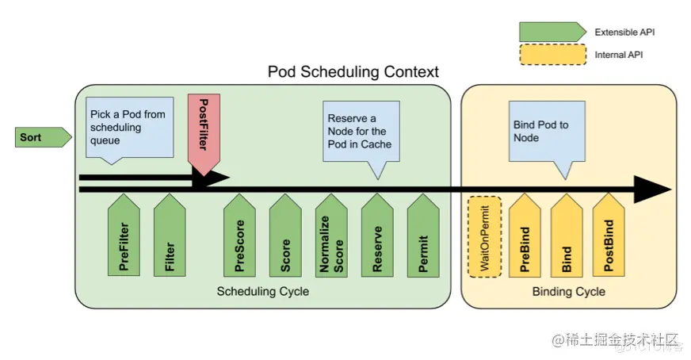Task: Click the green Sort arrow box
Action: [x=43, y=137]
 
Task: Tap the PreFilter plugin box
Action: [x=124, y=236]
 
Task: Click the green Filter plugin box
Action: [x=170, y=236]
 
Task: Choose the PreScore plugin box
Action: [x=239, y=236]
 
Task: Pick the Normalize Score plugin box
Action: [x=331, y=236]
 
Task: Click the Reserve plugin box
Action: [x=377, y=236]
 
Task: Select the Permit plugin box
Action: [x=423, y=236]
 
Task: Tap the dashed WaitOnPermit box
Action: [x=485, y=237]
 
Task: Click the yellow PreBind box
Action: [x=525, y=236]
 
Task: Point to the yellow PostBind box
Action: [x=609, y=236]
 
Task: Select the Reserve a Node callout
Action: [x=361, y=135]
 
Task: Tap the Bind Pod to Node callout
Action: [x=547, y=135]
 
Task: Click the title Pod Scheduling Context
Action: [x=353, y=71]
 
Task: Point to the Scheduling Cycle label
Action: [x=262, y=291]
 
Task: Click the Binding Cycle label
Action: [x=568, y=291]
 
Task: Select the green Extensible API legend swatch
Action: [x=552, y=33]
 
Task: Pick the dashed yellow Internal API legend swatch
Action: [x=552, y=55]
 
